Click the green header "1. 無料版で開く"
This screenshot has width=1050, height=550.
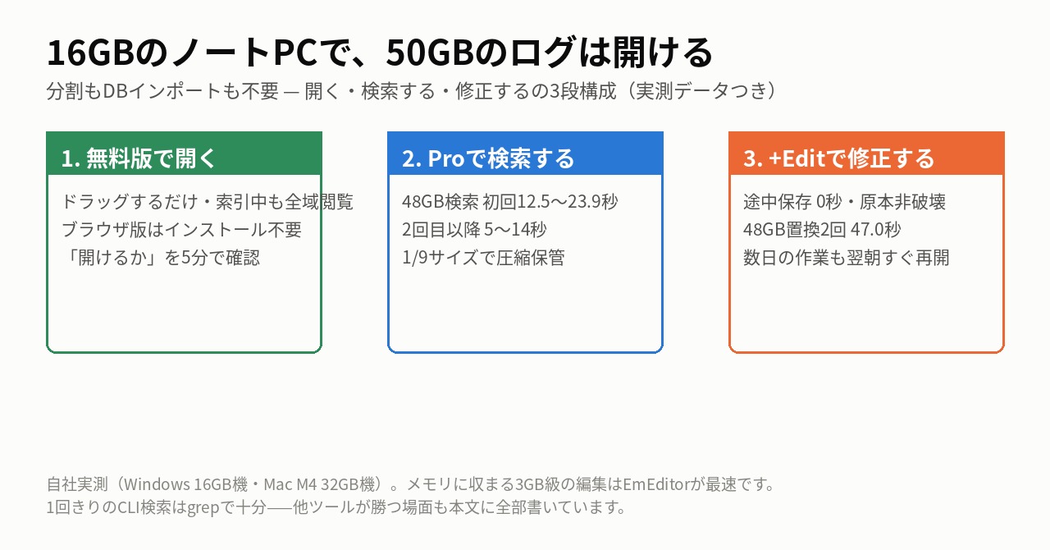click(x=139, y=158)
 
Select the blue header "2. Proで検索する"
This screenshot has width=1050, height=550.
click(x=488, y=158)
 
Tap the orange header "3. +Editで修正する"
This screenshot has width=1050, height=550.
click(x=838, y=158)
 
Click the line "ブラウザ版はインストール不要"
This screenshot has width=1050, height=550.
click(x=181, y=230)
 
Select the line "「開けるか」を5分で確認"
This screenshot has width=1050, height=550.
click(x=161, y=258)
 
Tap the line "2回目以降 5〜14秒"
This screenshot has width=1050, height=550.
click(x=474, y=230)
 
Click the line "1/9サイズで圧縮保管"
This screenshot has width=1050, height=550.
click(x=483, y=258)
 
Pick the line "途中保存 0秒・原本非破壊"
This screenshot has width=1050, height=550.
click(x=844, y=202)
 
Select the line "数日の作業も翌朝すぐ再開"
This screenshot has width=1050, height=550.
click(x=846, y=258)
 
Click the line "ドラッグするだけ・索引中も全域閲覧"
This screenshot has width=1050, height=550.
click(x=208, y=202)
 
